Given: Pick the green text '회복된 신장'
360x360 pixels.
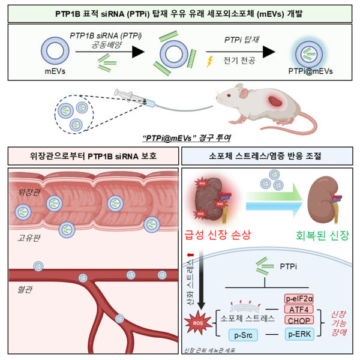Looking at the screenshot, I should tap(316, 233).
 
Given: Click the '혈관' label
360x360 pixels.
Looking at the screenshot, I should tap(25, 290).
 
